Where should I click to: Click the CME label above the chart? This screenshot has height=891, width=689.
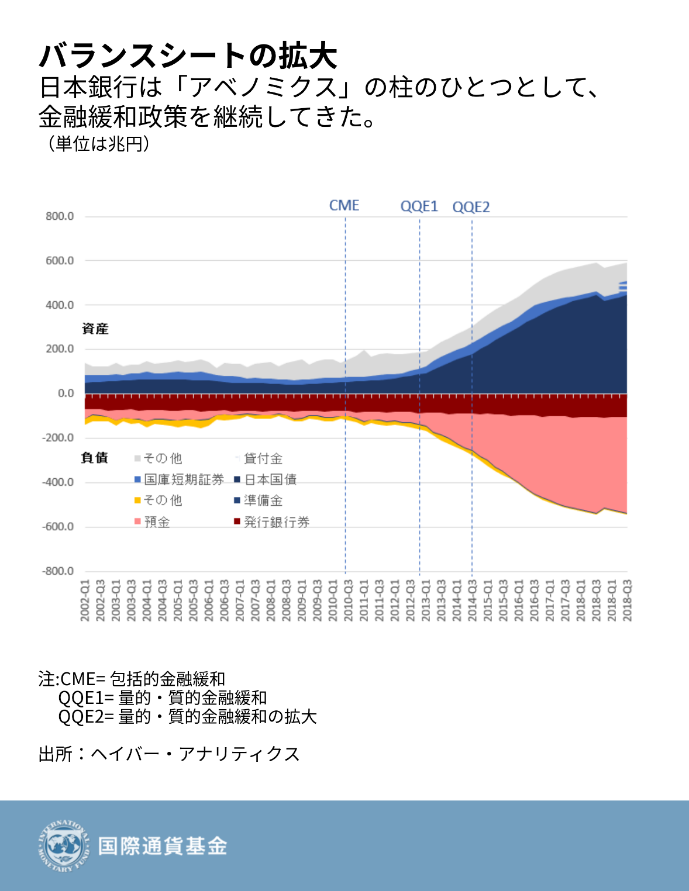344,206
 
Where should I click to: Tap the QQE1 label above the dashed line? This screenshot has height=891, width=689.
419,206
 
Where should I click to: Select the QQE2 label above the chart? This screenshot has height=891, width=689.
471,207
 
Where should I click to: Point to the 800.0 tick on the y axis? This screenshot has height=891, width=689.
60,216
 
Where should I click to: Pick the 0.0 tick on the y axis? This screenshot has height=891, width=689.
66,393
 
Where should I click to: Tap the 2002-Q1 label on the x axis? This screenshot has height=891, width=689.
85,600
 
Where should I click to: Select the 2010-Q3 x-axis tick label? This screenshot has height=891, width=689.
349,600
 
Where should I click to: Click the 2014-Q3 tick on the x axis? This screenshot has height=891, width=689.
473,600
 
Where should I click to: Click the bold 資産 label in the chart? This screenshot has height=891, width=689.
95,329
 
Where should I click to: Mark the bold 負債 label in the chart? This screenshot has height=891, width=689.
95,458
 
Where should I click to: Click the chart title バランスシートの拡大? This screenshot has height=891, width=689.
188,56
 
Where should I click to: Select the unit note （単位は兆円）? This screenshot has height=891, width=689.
97,143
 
